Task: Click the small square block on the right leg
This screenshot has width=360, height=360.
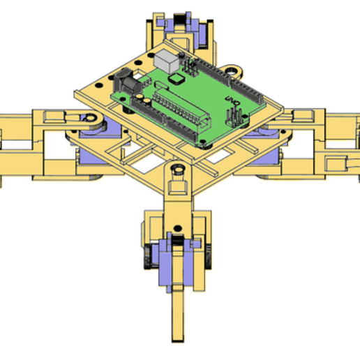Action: click(x=335, y=165)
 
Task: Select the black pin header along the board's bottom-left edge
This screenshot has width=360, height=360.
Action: click(x=147, y=112)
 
